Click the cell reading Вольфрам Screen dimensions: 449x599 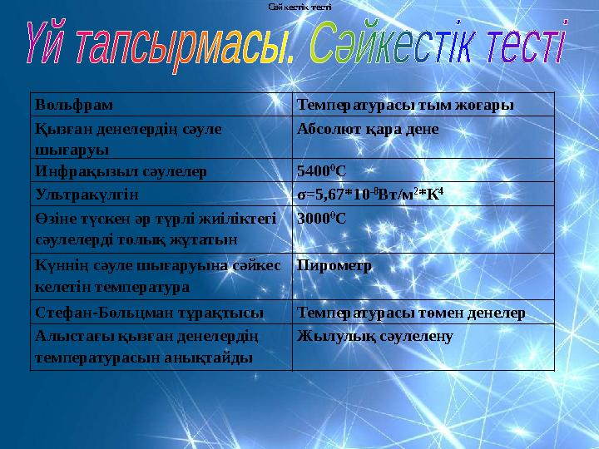coord(74,106)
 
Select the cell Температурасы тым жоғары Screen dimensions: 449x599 coord(404,106)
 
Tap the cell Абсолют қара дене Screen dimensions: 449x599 coord(368,130)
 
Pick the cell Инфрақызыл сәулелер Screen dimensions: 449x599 coord(121,171)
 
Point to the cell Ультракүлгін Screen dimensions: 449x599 coord(87,195)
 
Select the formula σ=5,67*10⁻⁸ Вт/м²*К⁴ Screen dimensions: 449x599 coord(374,195)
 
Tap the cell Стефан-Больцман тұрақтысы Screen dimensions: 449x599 coord(150,313)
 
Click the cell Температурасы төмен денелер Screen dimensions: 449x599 coord(411,313)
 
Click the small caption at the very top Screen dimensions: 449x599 coord(299,6)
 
